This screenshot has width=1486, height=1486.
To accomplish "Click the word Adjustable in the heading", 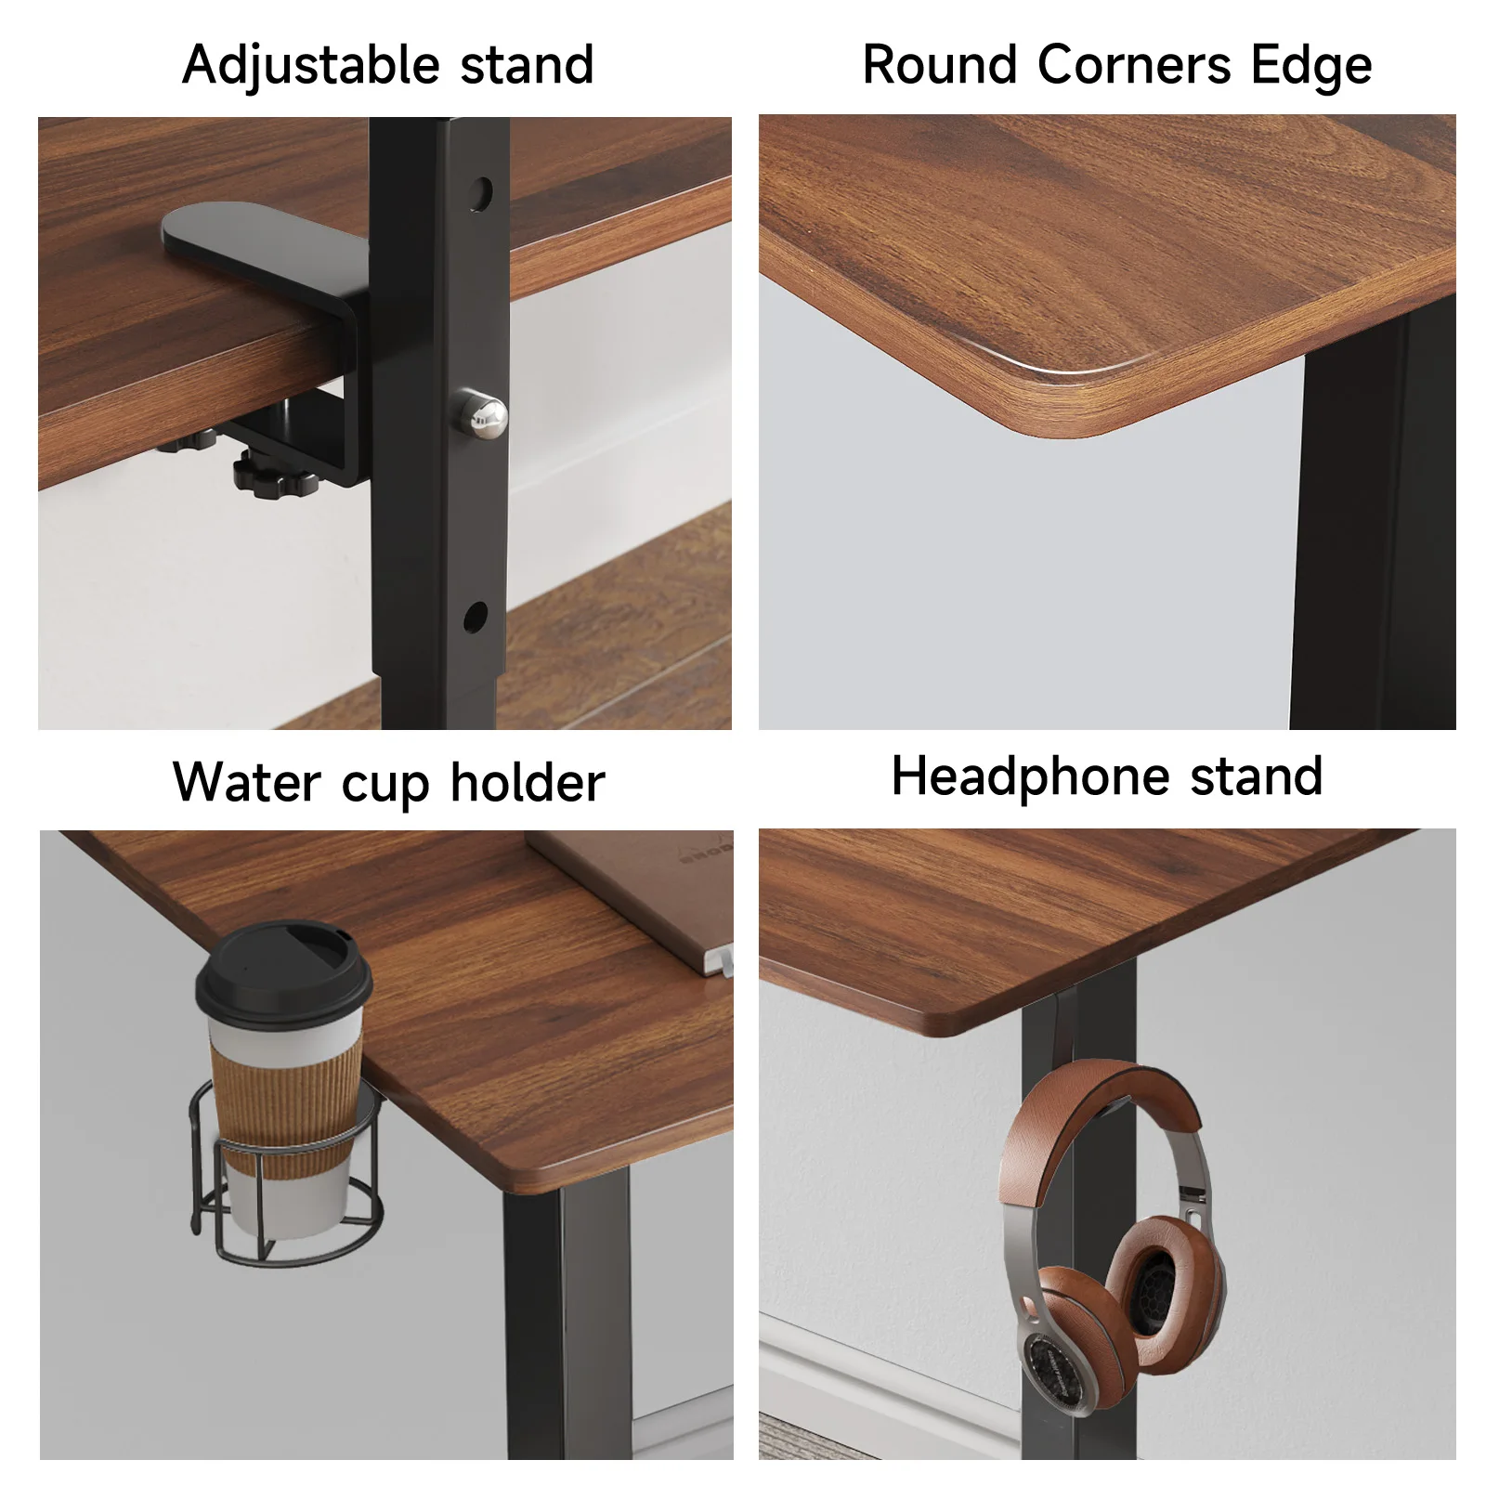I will click(x=310, y=66).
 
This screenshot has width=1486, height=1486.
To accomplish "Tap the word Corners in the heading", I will click(x=1134, y=65).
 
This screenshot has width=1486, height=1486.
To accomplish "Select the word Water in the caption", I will click(x=246, y=782).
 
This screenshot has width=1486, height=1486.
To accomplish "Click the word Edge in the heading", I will click(x=1311, y=67).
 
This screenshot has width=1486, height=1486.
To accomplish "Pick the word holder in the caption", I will click(x=527, y=782).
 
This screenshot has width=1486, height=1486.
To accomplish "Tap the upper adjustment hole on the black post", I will click(x=480, y=193).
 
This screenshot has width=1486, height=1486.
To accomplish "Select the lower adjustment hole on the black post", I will click(x=476, y=614).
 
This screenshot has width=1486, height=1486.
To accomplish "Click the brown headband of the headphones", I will click(x=1096, y=1105).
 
